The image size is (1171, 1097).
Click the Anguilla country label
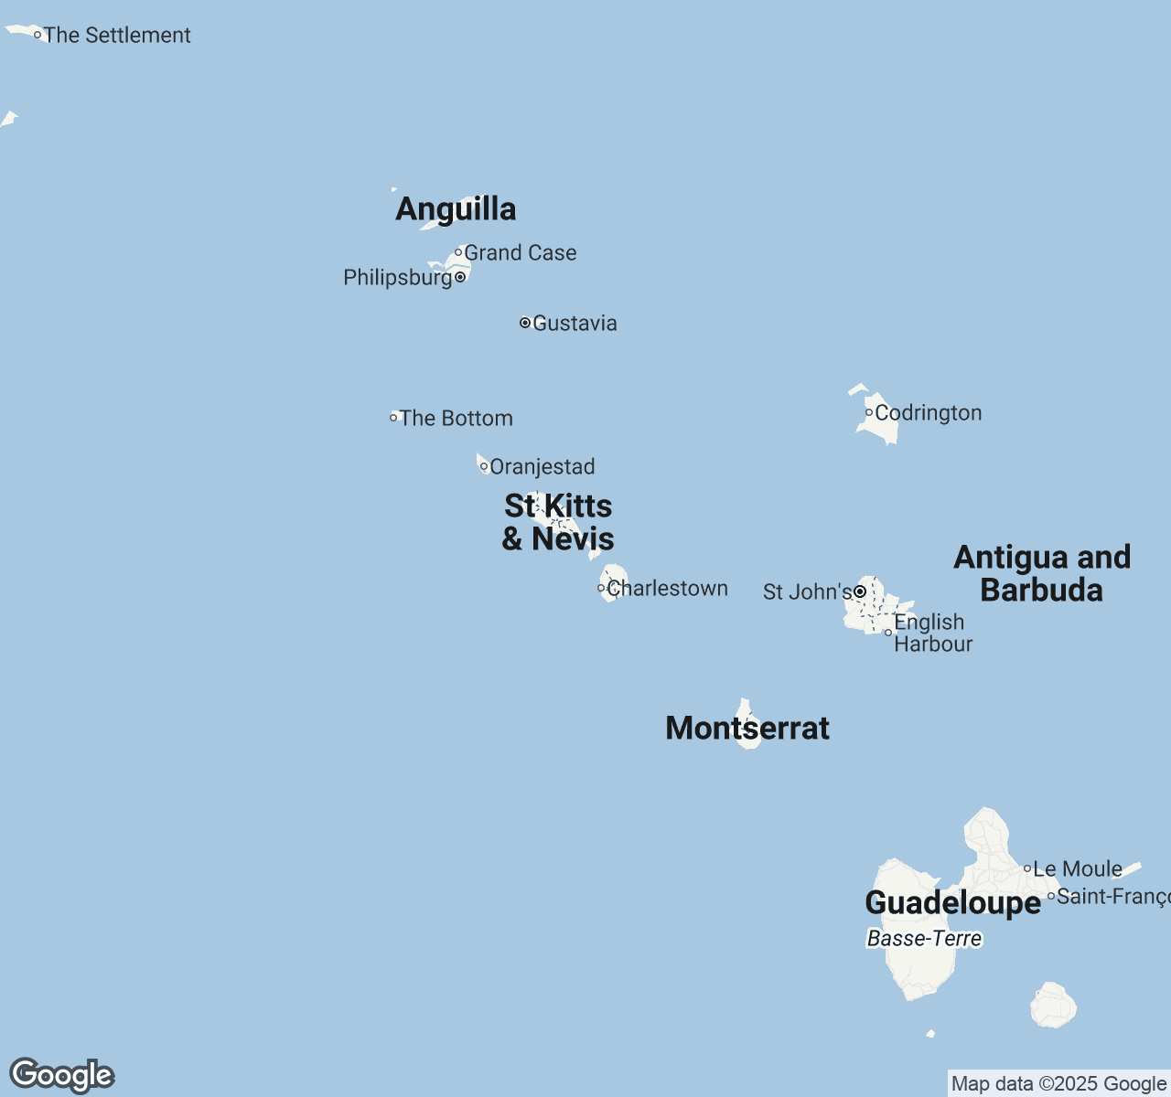coord(456,209)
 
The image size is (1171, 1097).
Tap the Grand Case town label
coord(520,253)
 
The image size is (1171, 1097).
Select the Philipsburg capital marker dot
coord(460,277)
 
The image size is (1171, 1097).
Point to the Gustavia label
coord(575,324)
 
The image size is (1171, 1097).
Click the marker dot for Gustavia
coord(525,323)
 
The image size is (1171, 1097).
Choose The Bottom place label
coord(456,419)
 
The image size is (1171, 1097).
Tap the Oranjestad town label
coord(542,467)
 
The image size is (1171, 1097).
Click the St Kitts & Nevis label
coord(558,523)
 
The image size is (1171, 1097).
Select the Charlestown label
coord(667,589)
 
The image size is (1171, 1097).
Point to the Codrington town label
coord(928,413)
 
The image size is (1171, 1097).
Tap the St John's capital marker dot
coord(860,592)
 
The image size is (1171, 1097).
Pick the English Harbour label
coord(932,633)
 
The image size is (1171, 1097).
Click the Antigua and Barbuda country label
coord(1042,573)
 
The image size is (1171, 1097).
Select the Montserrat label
coord(747,729)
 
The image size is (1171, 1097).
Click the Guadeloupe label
coord(952,903)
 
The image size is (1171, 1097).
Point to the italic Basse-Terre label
coord(924,939)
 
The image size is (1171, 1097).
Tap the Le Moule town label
coord(1077,869)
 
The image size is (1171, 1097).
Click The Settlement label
coord(117,36)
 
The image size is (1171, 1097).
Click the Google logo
coord(62,1075)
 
